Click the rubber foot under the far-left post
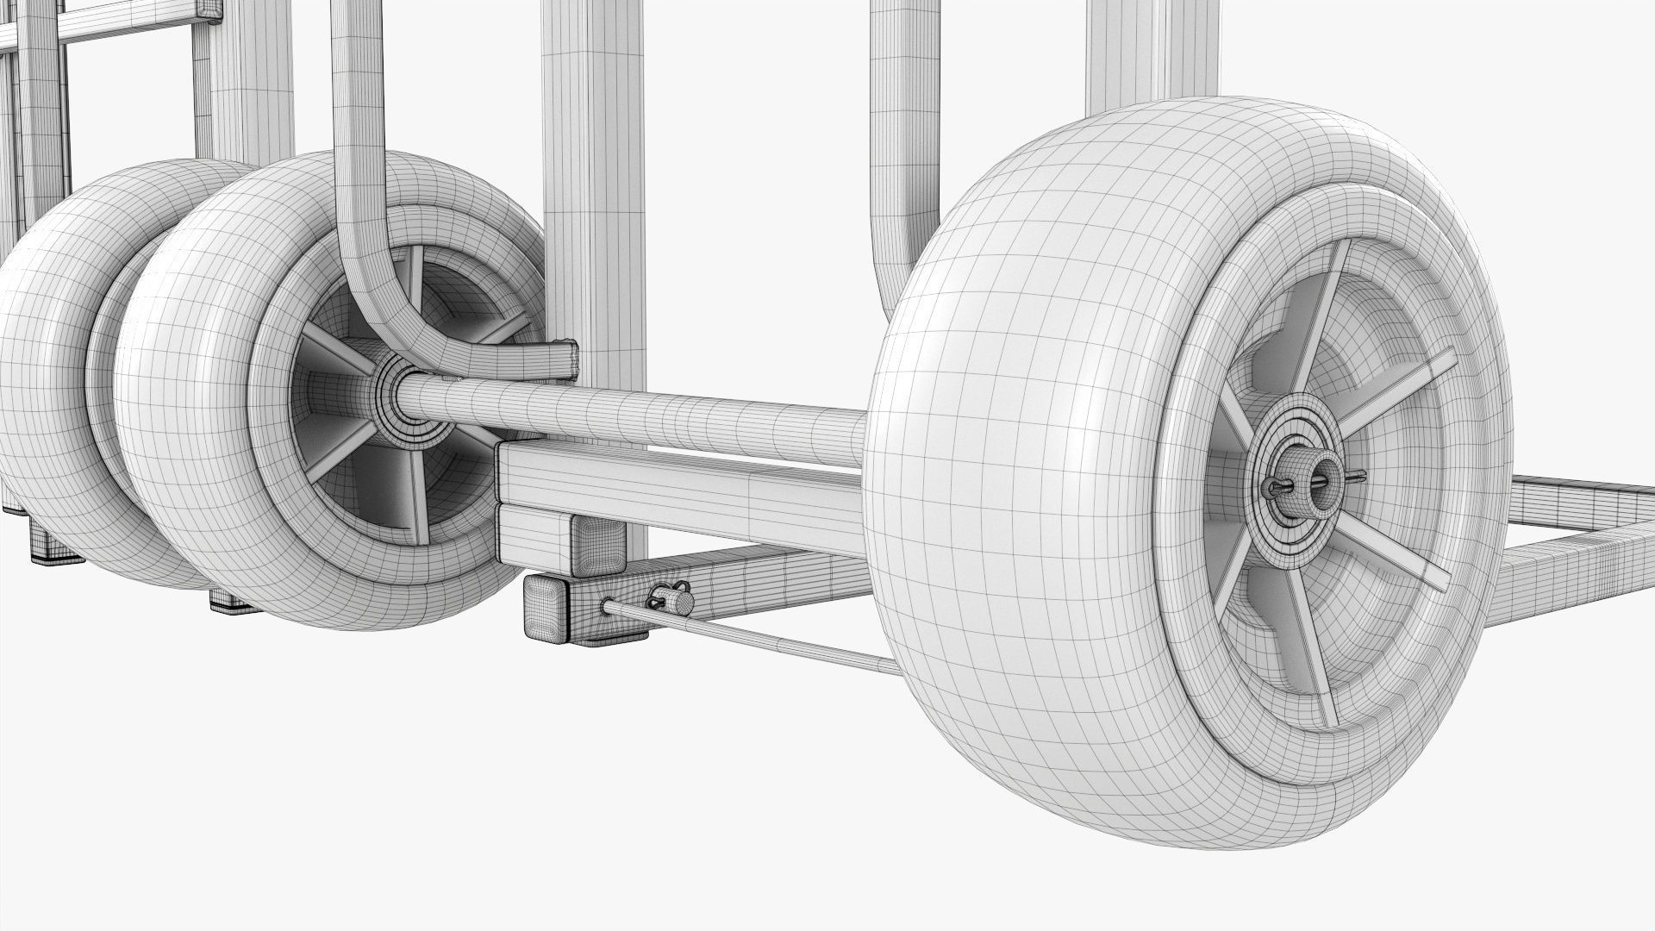point(56,552)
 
